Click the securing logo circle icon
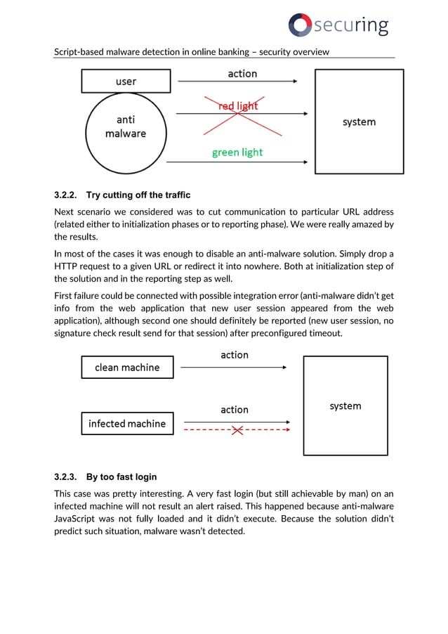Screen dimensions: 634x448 tap(300, 25)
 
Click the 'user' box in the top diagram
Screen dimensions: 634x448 tap(126, 82)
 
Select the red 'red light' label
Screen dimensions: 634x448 tap(238, 106)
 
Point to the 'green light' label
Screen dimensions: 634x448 tap(237, 153)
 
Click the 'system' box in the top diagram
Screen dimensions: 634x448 tap(359, 122)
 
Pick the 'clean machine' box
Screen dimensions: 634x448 tap(127, 368)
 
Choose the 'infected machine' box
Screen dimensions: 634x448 tap(127, 424)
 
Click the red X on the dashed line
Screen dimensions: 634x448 tap(237, 429)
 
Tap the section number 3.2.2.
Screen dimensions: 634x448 tap(67, 195)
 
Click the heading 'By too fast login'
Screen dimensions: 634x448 tap(121, 477)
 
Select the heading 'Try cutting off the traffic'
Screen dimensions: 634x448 tap(138, 195)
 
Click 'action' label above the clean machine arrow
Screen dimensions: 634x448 tap(235, 355)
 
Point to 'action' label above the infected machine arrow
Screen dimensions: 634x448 tap(235, 410)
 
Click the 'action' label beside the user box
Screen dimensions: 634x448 tap(242, 74)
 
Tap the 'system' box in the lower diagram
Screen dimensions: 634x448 tap(345, 406)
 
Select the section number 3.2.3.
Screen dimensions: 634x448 tap(67, 477)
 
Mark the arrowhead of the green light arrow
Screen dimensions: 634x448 tap(305, 162)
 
